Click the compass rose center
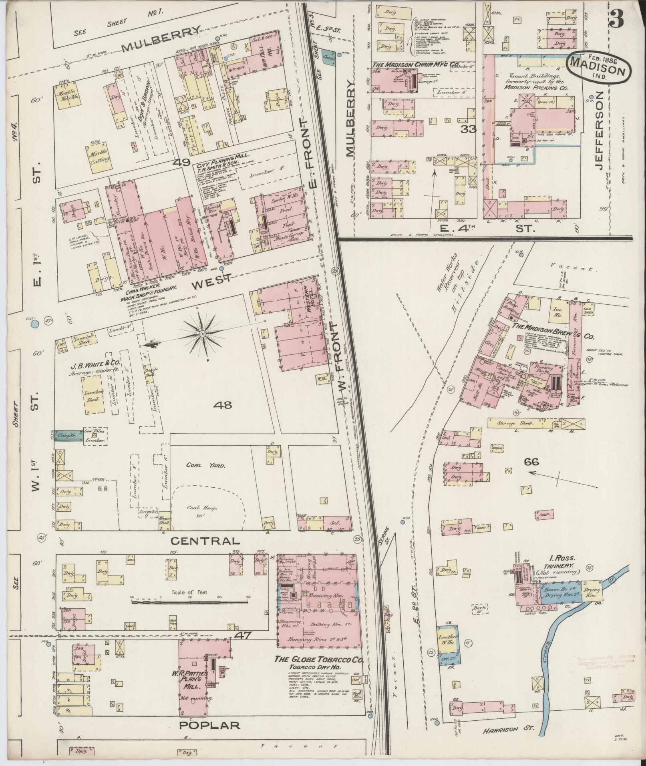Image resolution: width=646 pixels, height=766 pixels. pyautogui.click(x=203, y=334)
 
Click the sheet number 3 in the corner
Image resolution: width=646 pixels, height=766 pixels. pyautogui.click(x=618, y=18)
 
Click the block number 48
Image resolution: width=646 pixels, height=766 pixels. pyautogui.click(x=223, y=405)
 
